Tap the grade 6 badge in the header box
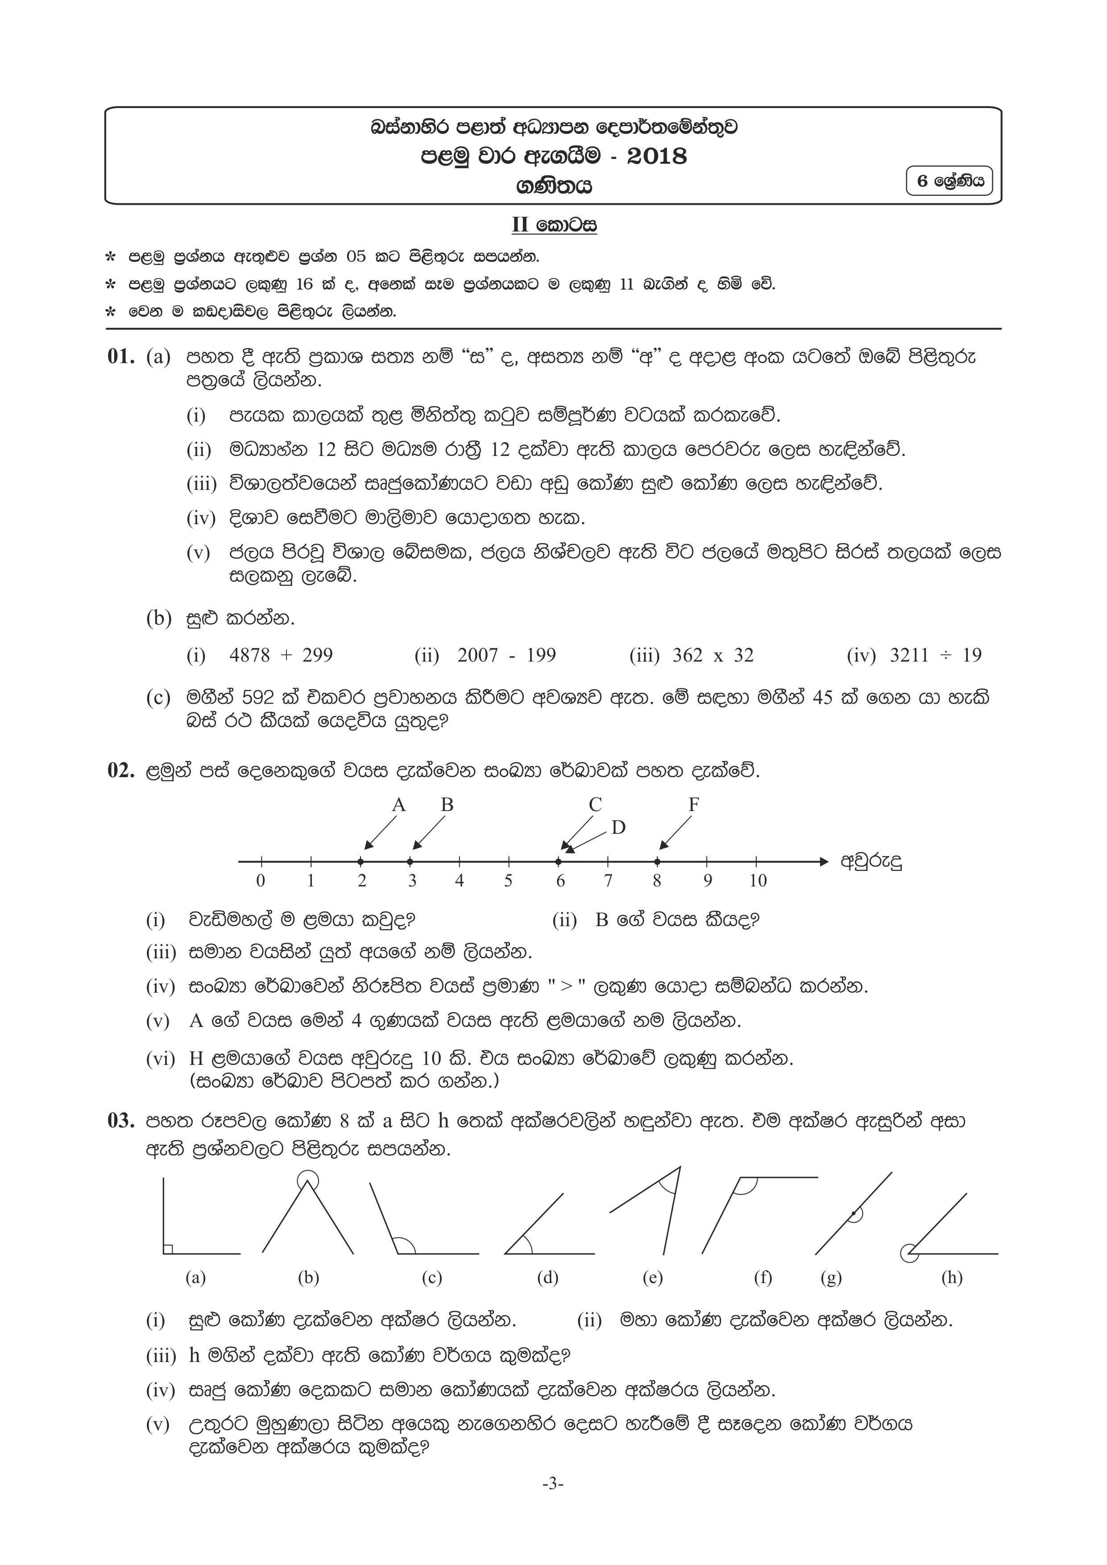click(949, 181)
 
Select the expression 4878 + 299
click(281, 656)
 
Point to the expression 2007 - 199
click(506, 656)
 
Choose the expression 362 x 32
click(712, 656)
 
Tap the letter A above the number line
click(399, 805)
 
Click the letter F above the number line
click(693, 805)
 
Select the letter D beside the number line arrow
click(618, 828)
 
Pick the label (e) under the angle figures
click(652, 1278)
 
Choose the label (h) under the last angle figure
click(952, 1278)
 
